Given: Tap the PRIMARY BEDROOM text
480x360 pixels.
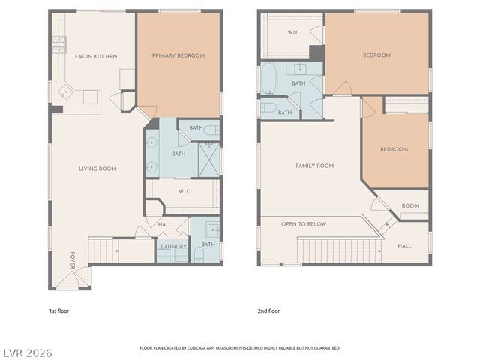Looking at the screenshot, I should click(x=178, y=55).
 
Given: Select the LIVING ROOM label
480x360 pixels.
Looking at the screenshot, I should click(x=97, y=169).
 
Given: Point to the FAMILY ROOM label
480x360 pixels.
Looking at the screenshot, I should click(x=314, y=166).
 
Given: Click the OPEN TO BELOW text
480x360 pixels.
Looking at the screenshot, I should click(x=303, y=224).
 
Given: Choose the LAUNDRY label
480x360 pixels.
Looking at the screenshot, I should click(x=173, y=246).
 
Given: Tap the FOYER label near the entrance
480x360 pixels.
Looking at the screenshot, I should click(x=73, y=259).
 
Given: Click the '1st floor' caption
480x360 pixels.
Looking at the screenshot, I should click(x=58, y=310).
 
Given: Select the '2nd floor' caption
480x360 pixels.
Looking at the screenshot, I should click(x=268, y=310).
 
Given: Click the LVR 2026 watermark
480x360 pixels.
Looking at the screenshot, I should click(x=27, y=352).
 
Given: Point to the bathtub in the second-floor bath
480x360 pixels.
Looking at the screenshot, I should click(x=268, y=77).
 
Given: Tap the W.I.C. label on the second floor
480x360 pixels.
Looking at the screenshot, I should click(x=294, y=33).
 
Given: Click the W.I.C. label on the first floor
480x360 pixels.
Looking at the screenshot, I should click(x=187, y=190).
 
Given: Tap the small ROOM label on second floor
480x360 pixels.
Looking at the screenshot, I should click(x=410, y=205).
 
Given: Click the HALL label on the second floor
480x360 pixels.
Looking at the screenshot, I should click(x=405, y=246).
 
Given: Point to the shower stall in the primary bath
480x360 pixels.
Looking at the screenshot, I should click(x=209, y=157).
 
